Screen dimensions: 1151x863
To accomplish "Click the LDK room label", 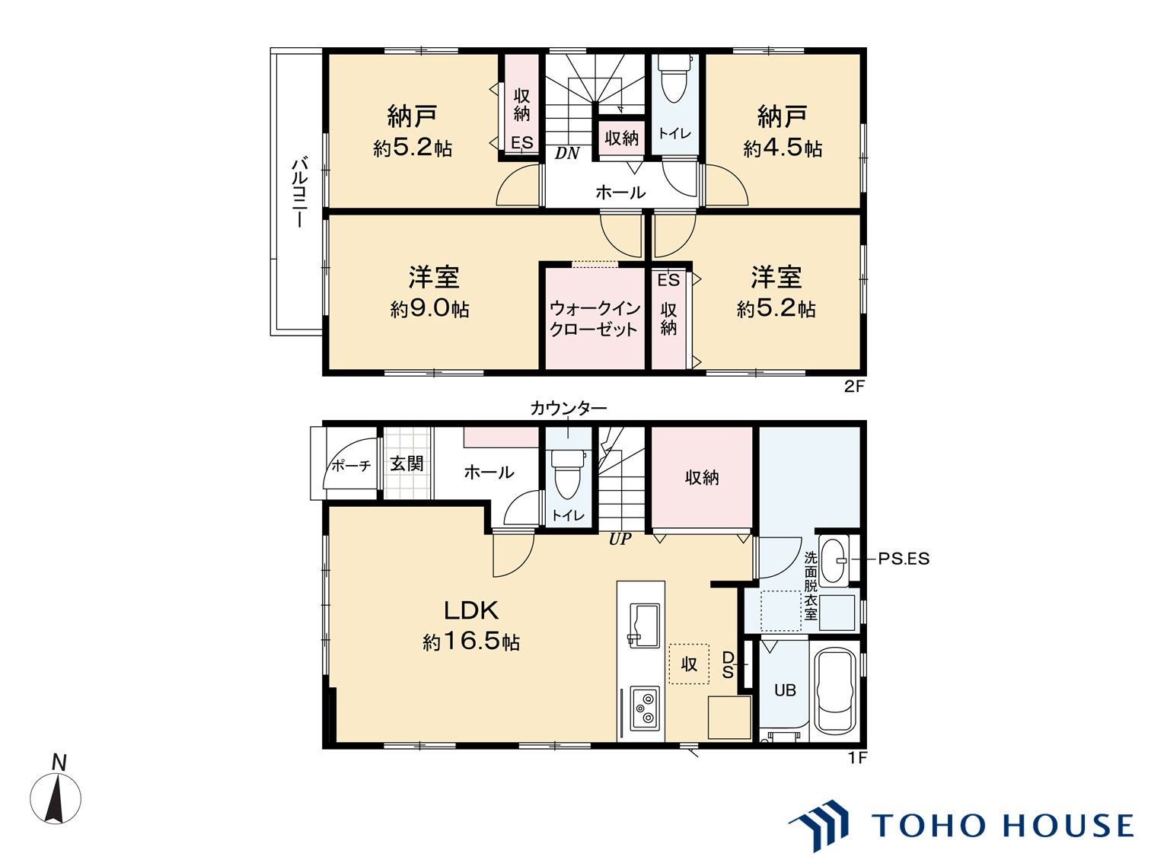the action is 471,610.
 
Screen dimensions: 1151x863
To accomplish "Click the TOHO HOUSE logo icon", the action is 819,825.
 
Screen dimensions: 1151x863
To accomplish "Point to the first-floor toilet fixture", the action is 567,475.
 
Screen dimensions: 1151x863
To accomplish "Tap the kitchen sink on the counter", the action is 644,626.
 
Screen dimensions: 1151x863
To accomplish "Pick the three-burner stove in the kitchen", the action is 645,709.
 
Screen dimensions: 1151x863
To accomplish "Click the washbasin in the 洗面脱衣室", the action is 834,560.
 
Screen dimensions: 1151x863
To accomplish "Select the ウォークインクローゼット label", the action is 595,319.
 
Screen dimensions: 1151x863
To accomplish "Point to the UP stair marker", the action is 620,539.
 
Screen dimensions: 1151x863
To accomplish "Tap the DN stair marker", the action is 567,153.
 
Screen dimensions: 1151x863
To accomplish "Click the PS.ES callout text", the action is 904,559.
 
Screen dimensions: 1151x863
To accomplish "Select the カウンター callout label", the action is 568,408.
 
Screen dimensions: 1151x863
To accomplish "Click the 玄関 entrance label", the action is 407,463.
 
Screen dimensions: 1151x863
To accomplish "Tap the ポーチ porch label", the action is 352,465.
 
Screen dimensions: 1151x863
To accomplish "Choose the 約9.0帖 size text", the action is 429,309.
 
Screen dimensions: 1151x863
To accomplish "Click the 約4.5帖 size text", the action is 783,148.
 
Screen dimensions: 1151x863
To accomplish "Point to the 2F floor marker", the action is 853,387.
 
